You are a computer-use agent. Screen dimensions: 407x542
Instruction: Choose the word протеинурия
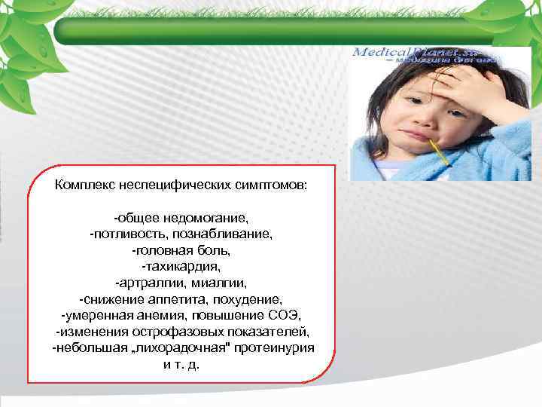[x=276, y=347]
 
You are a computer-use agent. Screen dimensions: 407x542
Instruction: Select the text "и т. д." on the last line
[x=181, y=364]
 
